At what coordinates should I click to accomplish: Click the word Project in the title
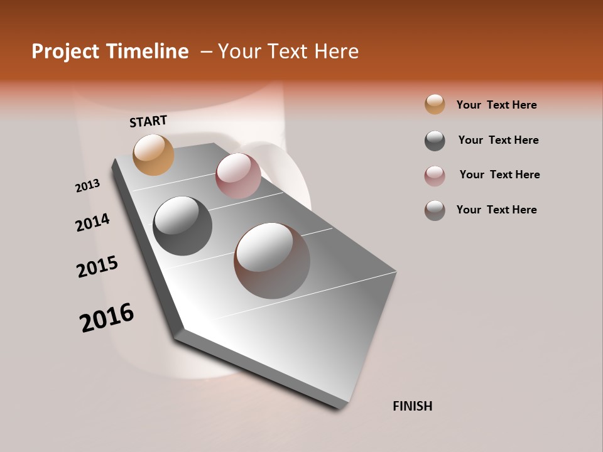62,51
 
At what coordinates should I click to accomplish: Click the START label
148,121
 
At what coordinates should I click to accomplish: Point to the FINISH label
413,406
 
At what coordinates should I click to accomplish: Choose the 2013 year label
88,186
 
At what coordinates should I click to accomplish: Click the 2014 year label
93,222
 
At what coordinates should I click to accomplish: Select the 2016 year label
107,318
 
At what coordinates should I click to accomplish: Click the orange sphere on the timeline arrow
154,154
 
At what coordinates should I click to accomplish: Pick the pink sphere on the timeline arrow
238,175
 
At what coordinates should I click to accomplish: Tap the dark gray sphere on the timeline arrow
182,226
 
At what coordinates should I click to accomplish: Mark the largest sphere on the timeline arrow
272,261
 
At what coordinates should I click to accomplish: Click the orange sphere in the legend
435,105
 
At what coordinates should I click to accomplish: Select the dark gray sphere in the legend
435,141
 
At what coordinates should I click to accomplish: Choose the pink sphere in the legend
435,176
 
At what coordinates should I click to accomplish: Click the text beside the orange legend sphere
496,105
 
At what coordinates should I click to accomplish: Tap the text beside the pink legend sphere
499,175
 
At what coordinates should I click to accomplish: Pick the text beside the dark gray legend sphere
498,140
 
